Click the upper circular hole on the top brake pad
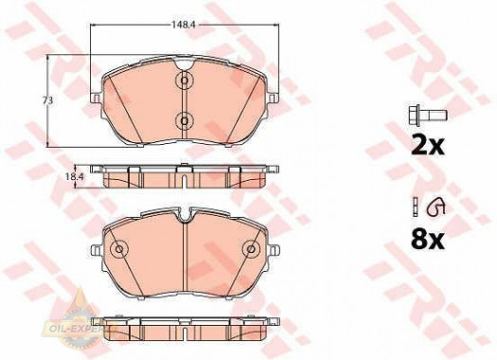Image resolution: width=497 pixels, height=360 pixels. tap(184, 82)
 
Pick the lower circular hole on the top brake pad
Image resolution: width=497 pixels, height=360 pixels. tap(184, 120)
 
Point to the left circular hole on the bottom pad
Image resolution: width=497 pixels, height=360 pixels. tap(119, 249)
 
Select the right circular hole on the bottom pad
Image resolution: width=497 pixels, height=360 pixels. tap(251, 249)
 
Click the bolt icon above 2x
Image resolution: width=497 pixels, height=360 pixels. tap(419, 118)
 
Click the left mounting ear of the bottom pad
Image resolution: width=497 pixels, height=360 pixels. tap(98, 253)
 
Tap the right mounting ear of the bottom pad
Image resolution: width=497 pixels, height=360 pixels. tap(273, 253)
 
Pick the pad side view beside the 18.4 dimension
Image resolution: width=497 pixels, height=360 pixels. tap(185, 175)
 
